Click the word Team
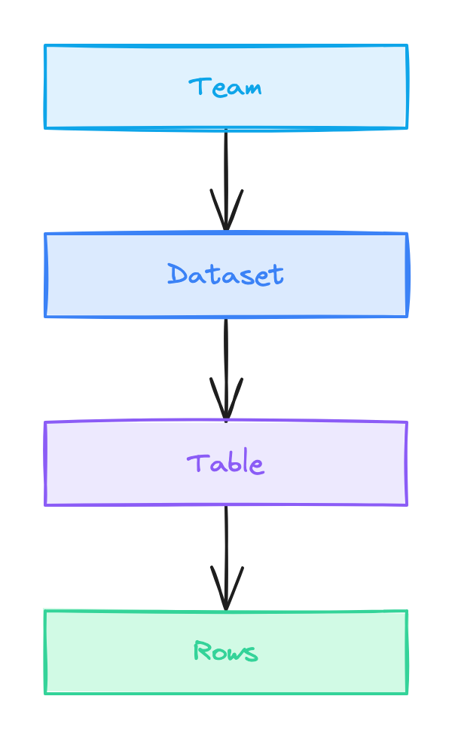[225, 87]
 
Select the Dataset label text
[225, 274]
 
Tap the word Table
[225, 463]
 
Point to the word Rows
[225, 652]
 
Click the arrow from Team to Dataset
[225, 173]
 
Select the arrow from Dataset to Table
[225, 362]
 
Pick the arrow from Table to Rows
[225, 550]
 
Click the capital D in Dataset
[176, 274]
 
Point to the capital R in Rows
[201, 651]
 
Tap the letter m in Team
[251, 88]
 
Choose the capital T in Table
[196, 462]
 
